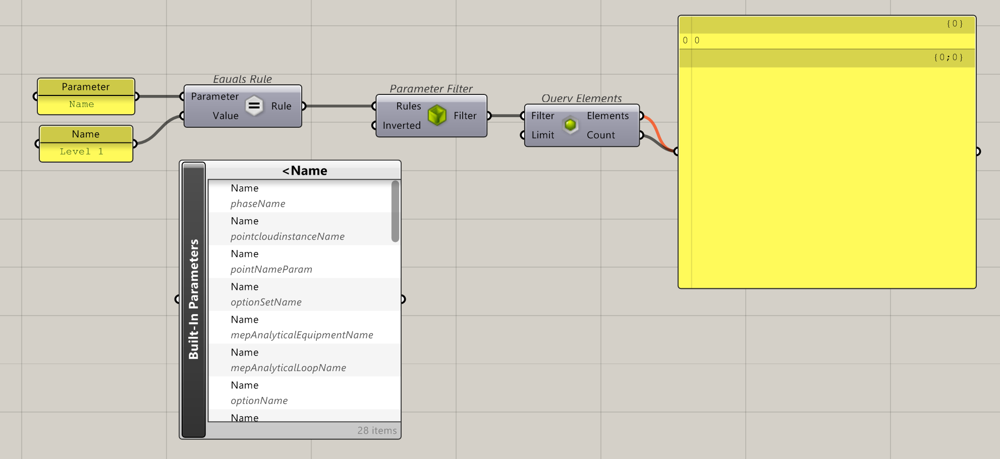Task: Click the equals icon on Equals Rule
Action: (x=254, y=106)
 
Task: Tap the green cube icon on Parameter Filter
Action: (x=437, y=116)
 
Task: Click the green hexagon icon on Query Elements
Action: (x=571, y=125)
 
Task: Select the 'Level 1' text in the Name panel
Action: (x=81, y=151)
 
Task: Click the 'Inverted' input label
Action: (x=402, y=125)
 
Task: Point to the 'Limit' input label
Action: (x=542, y=135)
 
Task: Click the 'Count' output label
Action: (x=600, y=135)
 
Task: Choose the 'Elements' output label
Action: (x=607, y=116)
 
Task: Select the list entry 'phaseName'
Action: (x=258, y=203)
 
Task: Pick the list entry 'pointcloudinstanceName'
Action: (x=288, y=236)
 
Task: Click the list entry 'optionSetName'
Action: (x=266, y=302)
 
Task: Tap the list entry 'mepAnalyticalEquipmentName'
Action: (x=302, y=335)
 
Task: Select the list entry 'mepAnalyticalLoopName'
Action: (x=288, y=368)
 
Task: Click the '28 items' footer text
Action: (x=377, y=430)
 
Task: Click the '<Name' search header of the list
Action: (x=304, y=171)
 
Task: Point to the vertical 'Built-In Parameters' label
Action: (x=194, y=299)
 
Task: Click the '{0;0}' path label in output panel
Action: (x=948, y=58)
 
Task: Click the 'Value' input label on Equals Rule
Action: (x=225, y=116)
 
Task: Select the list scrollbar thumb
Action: (x=395, y=211)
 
